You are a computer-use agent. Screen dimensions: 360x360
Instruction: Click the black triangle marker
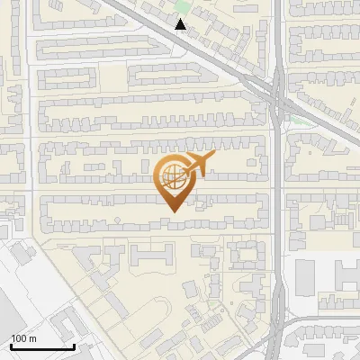click(181, 24)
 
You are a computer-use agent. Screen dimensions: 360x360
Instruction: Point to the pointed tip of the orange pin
click(171, 211)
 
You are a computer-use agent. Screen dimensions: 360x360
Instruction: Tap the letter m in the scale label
click(32, 338)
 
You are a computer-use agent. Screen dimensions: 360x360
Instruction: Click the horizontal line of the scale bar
click(40, 346)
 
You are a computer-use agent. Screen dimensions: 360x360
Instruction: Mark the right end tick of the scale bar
click(74, 345)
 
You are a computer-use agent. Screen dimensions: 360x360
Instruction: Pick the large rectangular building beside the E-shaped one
click(306, 274)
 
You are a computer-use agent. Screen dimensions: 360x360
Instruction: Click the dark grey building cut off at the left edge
click(7, 315)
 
